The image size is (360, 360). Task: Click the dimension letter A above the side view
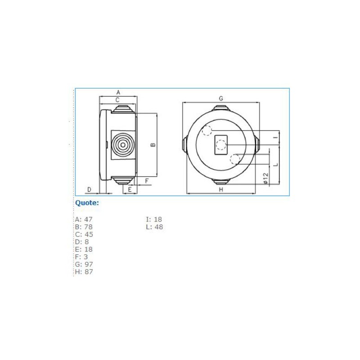pos(118,92)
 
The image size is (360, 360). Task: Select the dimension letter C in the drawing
pos(117,100)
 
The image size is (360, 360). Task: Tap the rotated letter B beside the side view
pos(153,144)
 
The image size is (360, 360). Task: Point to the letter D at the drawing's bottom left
pos(90,189)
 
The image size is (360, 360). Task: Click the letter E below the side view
pos(130,189)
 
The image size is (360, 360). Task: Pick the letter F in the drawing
pos(147,181)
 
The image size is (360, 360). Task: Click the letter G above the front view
pos(221,99)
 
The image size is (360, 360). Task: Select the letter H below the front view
pos(221,189)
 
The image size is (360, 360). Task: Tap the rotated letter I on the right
pos(276,138)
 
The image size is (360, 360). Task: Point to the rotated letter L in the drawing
pos(276,165)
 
